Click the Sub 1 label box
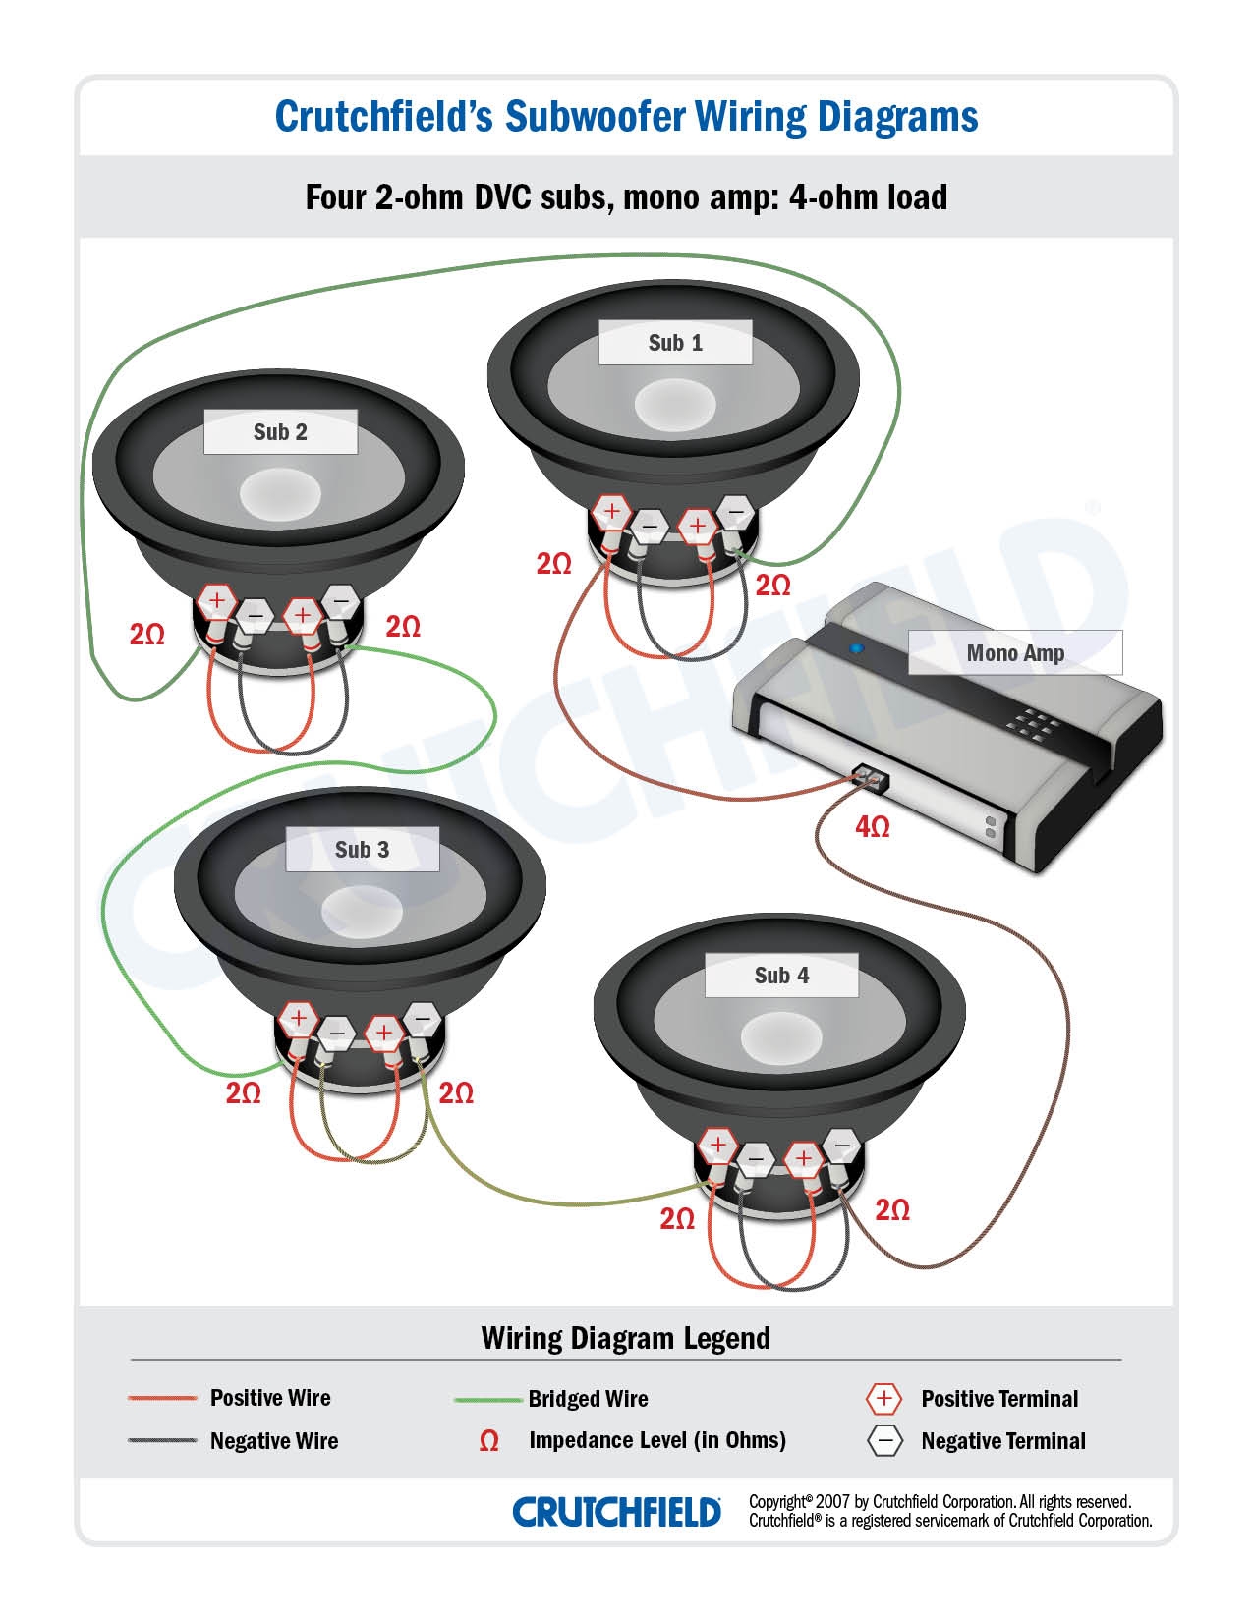[675, 343]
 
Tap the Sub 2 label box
[280, 432]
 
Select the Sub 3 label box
[362, 850]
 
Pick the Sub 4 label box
[781, 976]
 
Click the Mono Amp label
[1014, 653]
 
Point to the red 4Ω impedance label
[872, 827]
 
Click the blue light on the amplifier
[856, 649]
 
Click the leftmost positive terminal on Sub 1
[611, 511]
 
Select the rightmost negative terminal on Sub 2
[340, 599]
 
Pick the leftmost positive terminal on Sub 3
[296, 1019]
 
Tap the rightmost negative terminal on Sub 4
[841, 1146]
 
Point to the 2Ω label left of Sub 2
[147, 635]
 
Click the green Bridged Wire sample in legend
[486, 1399]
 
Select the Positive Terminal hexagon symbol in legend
[883, 1399]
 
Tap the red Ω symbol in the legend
[488, 1441]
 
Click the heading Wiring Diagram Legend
[625, 1338]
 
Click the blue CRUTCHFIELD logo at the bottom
[616, 1512]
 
